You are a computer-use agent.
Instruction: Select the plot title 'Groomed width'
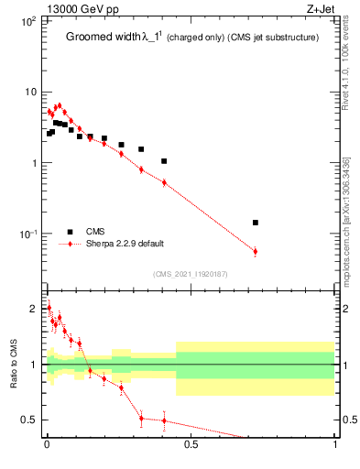pos(98,38)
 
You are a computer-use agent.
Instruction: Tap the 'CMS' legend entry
pos(95,231)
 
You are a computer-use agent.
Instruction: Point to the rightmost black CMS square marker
pos(256,223)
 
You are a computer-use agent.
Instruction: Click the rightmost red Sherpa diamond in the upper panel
pos(256,251)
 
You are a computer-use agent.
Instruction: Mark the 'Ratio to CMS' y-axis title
pos(14,365)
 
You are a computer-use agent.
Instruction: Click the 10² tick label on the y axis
pos(27,21)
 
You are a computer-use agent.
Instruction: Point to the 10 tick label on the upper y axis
pos(29,93)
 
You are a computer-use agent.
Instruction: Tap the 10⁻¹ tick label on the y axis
pos(27,234)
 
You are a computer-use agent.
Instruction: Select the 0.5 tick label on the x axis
pos(191,448)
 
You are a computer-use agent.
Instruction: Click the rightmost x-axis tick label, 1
pos(335,448)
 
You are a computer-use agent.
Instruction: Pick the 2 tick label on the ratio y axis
pos(35,309)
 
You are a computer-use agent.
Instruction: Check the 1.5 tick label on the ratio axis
pos(31,336)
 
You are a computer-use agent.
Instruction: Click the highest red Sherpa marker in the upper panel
pos(60,105)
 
